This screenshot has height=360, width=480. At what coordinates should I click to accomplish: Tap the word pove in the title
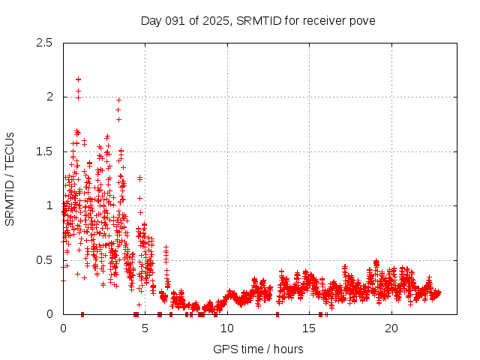point(361,20)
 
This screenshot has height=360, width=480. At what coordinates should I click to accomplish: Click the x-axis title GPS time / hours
point(258,349)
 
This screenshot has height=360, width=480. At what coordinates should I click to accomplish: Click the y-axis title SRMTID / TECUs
point(10,178)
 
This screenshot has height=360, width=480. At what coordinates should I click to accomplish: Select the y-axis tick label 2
point(49,97)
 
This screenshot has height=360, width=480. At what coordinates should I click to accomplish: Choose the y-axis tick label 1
point(49,205)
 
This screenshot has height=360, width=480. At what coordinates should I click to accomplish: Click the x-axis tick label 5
point(145,328)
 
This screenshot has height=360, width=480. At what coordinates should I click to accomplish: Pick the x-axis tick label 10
point(227,328)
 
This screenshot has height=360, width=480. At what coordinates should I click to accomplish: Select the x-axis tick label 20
point(391,328)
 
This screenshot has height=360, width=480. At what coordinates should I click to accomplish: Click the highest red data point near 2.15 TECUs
point(78,79)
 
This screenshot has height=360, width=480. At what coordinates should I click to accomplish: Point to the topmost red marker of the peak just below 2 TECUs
point(118,100)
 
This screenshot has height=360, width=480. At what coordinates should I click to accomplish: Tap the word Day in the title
point(150,20)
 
